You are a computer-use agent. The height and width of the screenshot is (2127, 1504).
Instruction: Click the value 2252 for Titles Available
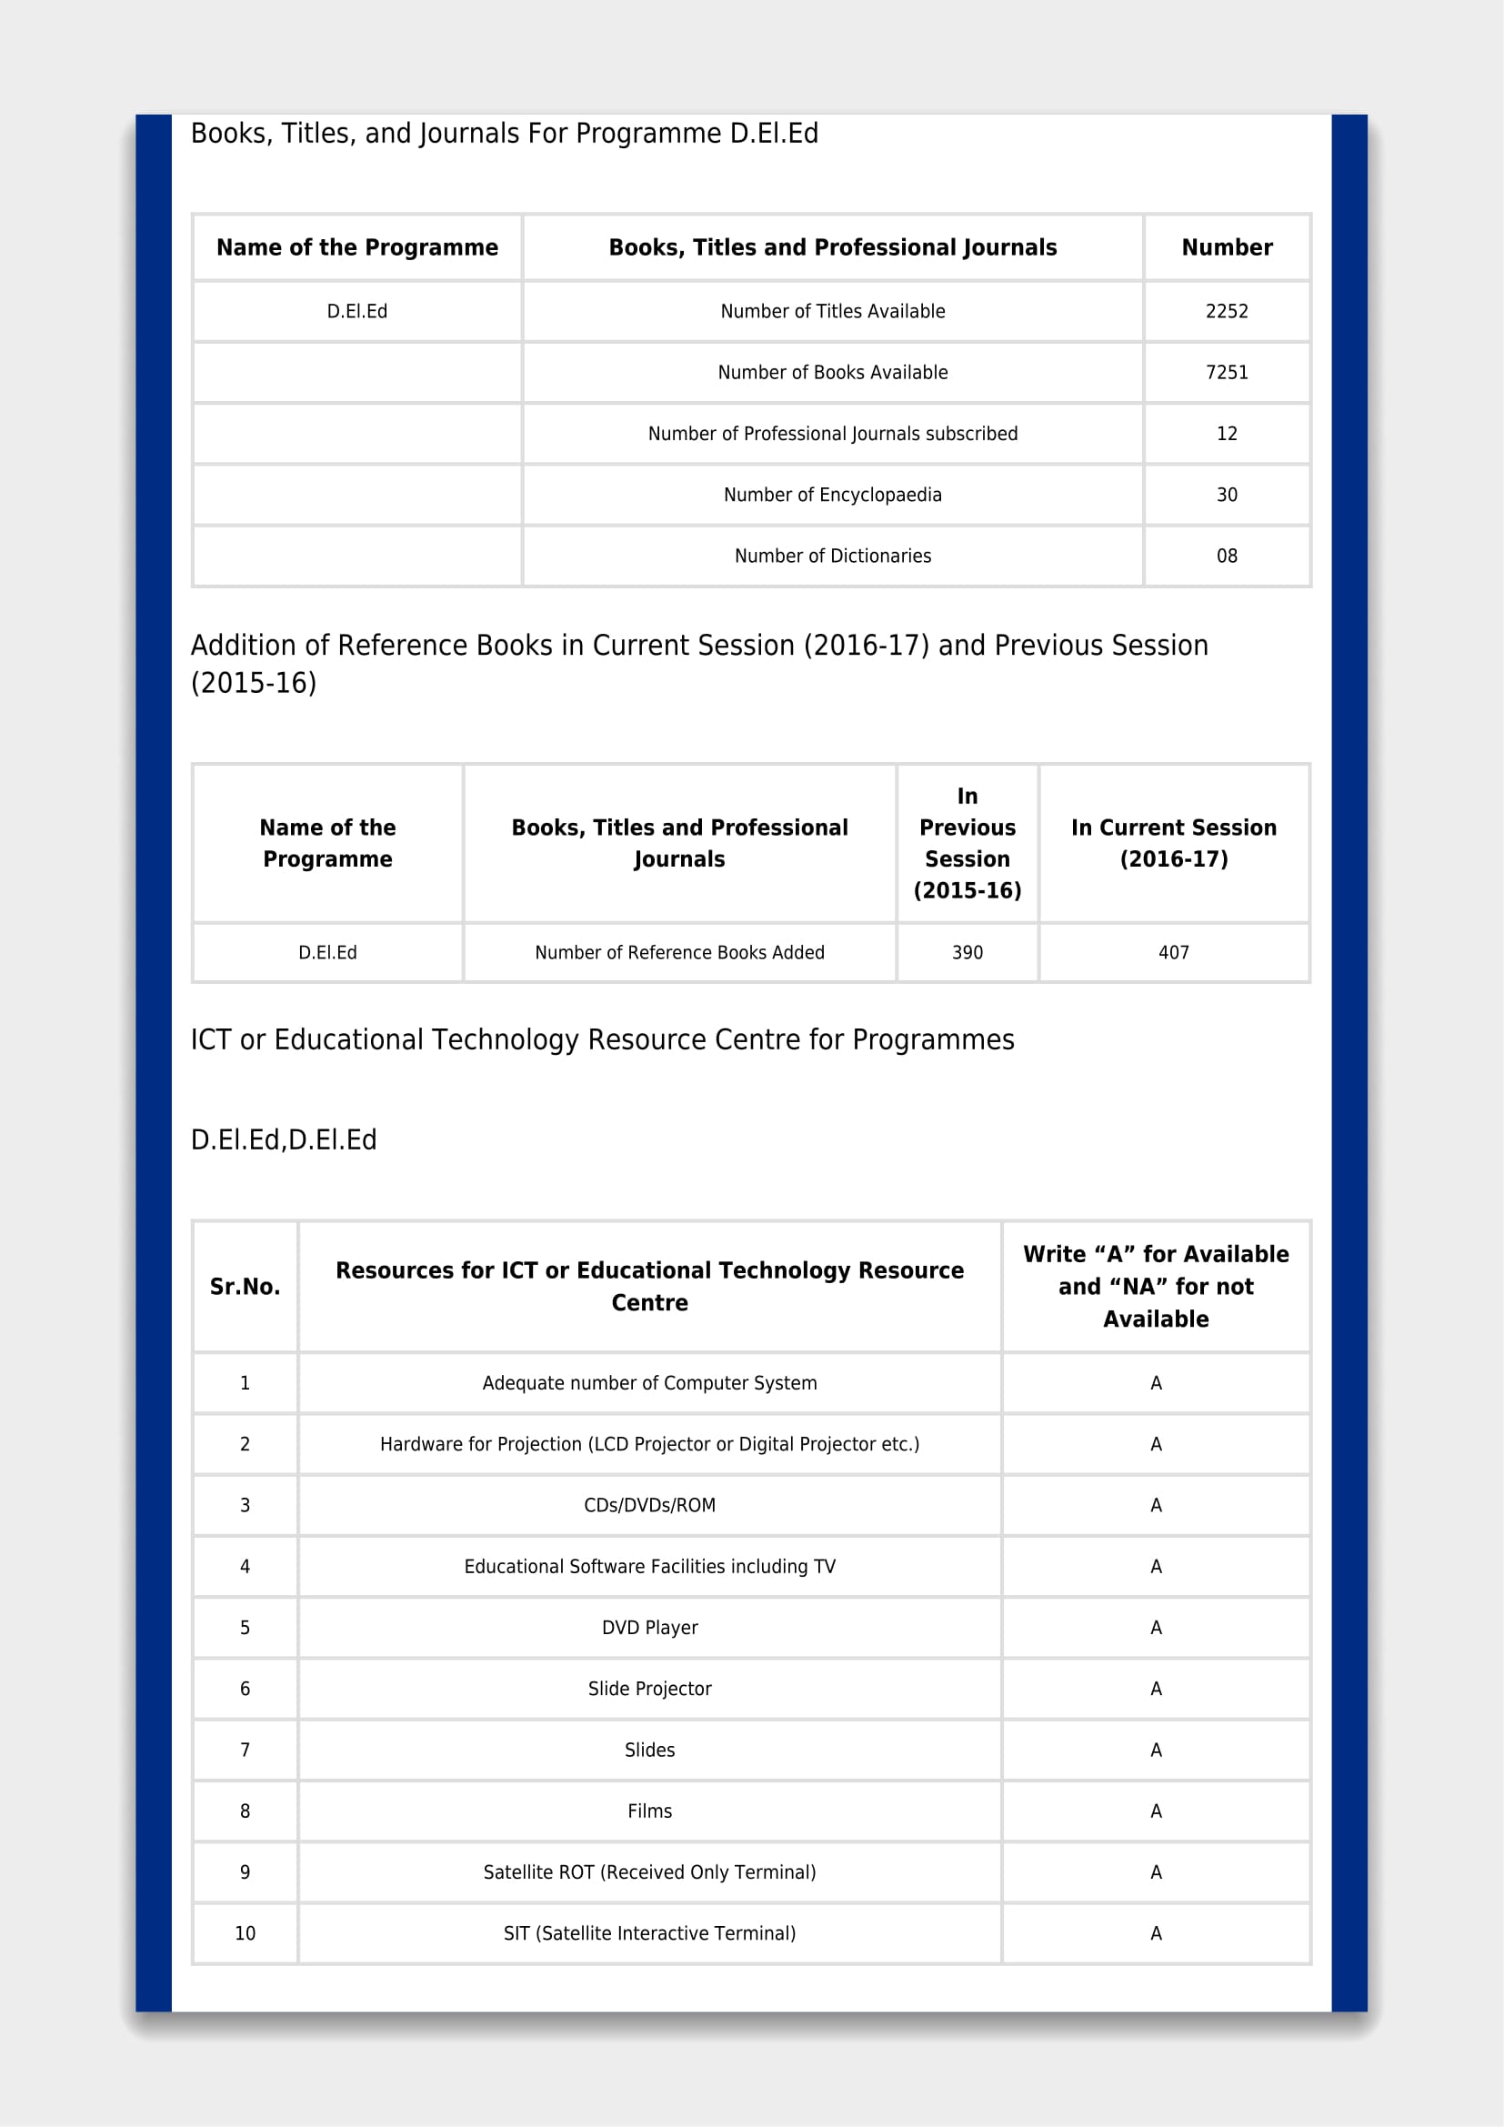(1226, 311)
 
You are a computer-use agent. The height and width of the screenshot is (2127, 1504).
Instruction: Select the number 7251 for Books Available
(1226, 373)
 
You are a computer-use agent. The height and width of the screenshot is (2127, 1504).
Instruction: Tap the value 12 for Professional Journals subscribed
(1226, 434)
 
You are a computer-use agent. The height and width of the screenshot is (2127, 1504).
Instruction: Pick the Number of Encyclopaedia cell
(832, 495)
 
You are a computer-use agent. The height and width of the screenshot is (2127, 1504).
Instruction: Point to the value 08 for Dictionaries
(1226, 556)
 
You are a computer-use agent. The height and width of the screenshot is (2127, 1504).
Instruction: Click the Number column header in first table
(1226, 247)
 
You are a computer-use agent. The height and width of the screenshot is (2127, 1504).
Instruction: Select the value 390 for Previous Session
(967, 952)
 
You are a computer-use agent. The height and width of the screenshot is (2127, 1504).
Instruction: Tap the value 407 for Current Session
(1173, 952)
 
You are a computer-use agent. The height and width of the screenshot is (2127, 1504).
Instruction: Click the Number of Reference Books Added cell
(679, 952)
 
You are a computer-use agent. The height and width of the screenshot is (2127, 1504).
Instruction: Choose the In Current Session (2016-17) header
(1173, 843)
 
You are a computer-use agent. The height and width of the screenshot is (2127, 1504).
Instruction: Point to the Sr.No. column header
(245, 1287)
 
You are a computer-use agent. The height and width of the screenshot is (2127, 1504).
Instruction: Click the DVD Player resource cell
(649, 1628)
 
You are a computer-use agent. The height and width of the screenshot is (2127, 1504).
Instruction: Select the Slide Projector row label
(649, 1689)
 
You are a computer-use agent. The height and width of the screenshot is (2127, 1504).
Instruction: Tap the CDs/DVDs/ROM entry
(649, 1505)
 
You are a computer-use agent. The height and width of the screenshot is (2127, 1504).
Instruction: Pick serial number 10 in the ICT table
(245, 1933)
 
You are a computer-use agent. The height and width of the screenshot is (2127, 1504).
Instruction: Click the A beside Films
(1156, 1811)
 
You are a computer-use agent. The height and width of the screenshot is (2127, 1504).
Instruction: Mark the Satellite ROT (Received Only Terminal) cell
(649, 1872)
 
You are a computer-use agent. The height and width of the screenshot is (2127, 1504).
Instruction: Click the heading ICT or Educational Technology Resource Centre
(602, 1040)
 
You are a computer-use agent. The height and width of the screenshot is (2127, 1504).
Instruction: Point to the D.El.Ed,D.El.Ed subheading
(284, 1140)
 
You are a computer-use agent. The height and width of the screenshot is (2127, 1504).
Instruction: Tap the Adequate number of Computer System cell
(649, 1383)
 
